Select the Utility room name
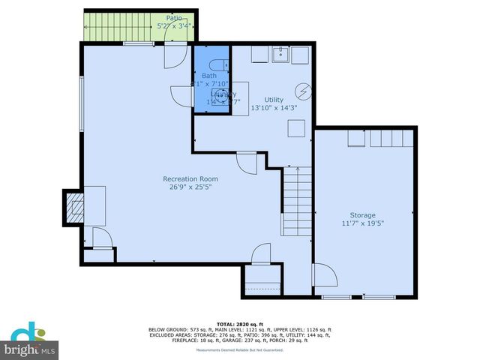click(x=274, y=99)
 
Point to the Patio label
click(x=175, y=18)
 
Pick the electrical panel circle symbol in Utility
click(x=302, y=91)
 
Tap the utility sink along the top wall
click(x=281, y=54)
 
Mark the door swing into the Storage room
click(x=323, y=275)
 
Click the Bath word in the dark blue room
click(x=208, y=76)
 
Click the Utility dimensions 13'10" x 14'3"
click(x=274, y=108)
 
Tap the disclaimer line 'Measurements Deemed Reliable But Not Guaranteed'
click(x=240, y=350)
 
